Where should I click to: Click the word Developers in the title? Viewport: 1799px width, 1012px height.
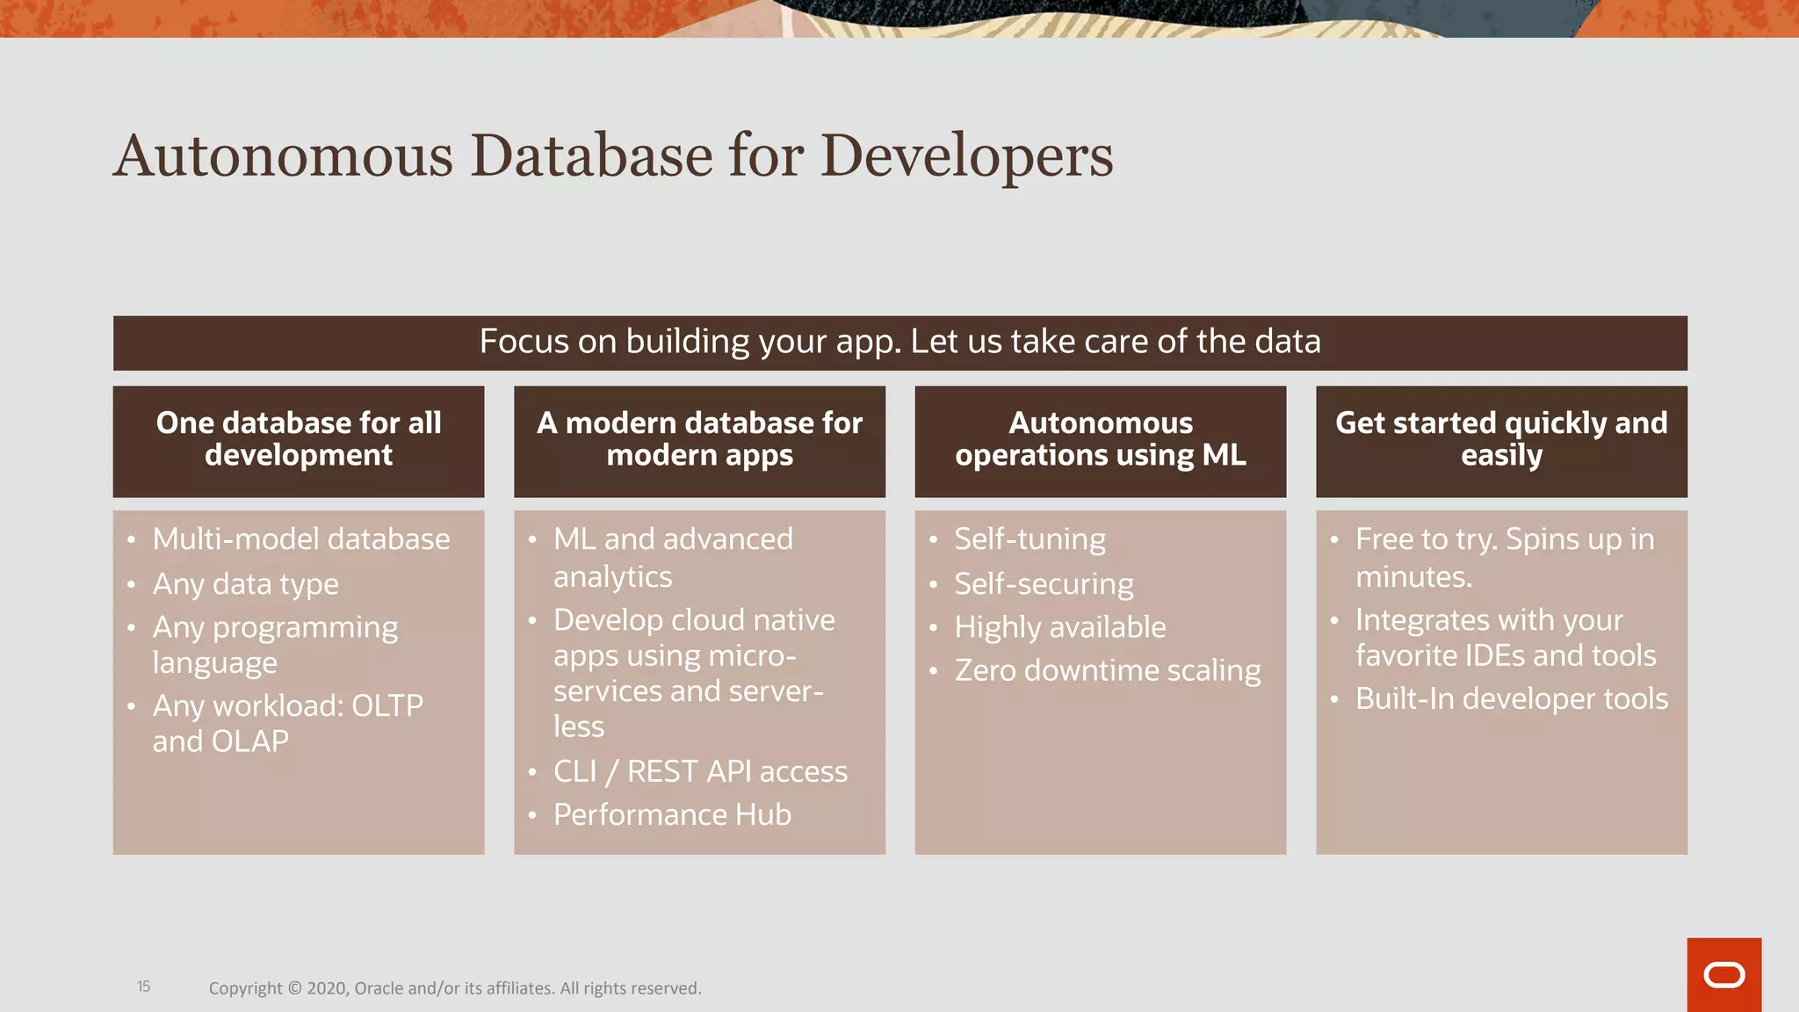(x=966, y=156)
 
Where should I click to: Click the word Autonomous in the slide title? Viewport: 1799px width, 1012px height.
(x=283, y=156)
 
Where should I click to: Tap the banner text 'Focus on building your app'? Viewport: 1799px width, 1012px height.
(x=690, y=342)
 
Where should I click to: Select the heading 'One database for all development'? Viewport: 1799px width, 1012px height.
(x=299, y=439)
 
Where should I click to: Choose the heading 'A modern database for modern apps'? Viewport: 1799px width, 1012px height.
(x=699, y=439)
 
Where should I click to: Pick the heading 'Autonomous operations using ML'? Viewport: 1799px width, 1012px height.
(x=1101, y=439)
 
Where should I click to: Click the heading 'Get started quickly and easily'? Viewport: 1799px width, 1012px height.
(x=1501, y=439)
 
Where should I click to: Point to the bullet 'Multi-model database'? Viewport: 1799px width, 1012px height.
(x=300, y=539)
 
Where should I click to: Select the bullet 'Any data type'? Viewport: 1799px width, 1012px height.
(x=245, y=584)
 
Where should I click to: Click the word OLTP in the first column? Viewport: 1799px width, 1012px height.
(x=387, y=706)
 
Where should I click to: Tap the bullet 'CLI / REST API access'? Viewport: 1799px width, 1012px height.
(x=700, y=772)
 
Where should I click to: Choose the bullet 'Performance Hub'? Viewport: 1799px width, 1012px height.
(x=672, y=815)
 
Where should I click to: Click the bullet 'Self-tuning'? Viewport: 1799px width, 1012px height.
(x=1030, y=539)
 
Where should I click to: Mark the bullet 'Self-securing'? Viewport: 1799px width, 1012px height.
(x=1044, y=584)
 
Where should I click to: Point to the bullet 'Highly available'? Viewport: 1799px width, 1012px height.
(x=1060, y=627)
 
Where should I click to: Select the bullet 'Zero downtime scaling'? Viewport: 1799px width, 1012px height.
(x=1107, y=671)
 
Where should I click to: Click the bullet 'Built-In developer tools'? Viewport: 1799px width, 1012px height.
(x=1511, y=699)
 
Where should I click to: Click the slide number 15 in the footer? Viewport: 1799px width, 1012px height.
(x=144, y=987)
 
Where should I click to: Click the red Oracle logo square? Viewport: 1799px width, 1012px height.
(x=1723, y=975)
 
